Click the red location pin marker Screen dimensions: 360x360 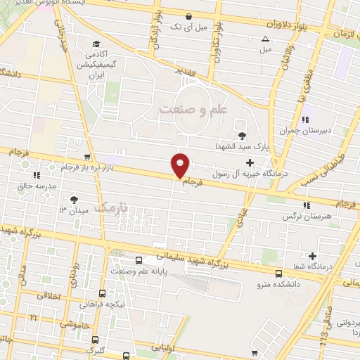pos(181,165)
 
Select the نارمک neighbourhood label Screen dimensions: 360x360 pos(112,208)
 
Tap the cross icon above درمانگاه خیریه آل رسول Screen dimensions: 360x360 pos(250,163)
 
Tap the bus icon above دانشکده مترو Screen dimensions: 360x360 pos(278,274)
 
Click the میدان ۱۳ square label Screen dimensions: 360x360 pos(72,210)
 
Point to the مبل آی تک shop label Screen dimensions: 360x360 pos(186,27)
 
